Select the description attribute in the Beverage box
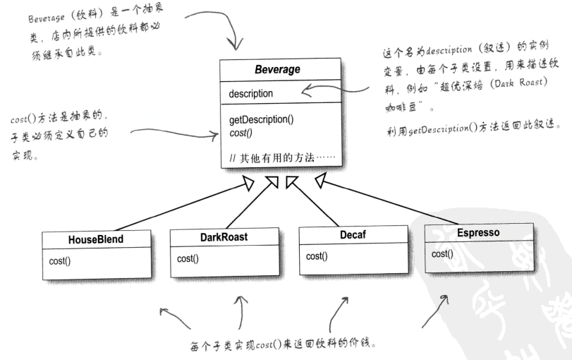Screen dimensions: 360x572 tap(251, 93)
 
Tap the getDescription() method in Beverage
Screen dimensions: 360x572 tap(262, 119)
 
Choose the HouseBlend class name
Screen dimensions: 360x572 tap(96, 239)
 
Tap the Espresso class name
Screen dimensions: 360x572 tap(479, 231)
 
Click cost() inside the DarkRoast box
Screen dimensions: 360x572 tap(188, 258)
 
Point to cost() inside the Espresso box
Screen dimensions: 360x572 tap(442, 253)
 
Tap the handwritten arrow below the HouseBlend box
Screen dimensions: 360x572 tap(173, 318)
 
